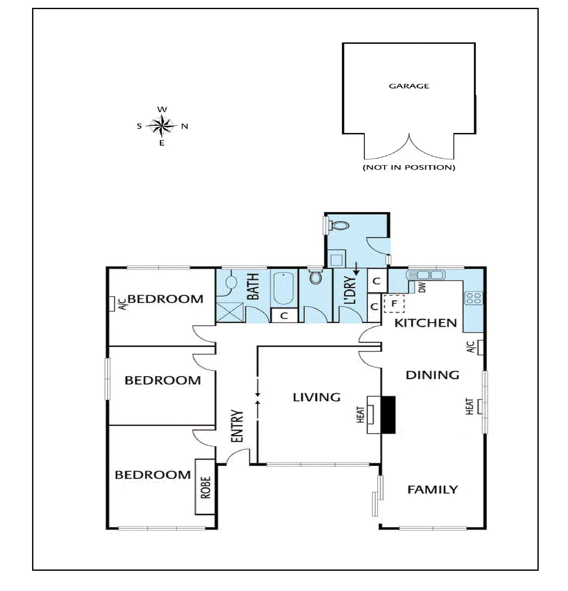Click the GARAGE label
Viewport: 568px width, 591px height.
point(409,86)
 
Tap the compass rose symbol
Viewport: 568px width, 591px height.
point(162,126)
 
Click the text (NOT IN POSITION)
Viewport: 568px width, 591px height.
point(409,167)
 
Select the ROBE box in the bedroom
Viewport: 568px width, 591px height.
point(205,487)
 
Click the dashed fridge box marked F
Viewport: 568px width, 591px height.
point(394,304)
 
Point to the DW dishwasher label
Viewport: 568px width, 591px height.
point(422,287)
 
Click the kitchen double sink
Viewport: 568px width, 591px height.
point(425,275)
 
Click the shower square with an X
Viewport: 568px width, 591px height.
point(230,312)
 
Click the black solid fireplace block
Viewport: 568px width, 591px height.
point(388,415)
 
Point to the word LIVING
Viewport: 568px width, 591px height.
point(317,397)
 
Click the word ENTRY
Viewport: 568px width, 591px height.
point(237,426)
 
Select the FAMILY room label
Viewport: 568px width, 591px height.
point(433,489)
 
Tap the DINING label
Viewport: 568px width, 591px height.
point(433,375)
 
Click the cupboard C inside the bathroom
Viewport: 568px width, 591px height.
point(284,316)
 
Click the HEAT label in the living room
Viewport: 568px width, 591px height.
point(361,415)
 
